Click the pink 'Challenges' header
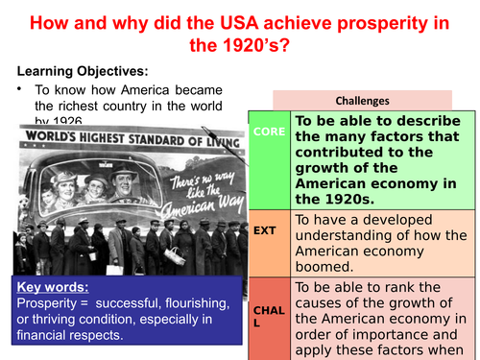click(362, 100)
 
